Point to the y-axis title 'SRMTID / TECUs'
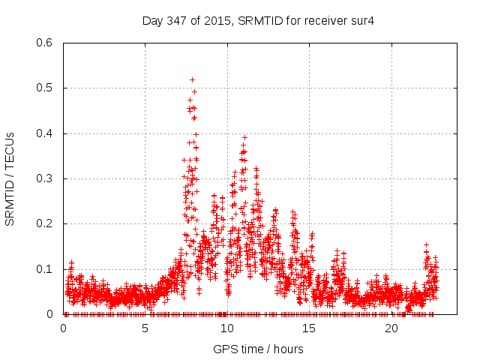pyautogui.click(x=10, y=178)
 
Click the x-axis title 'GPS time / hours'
pyautogui.click(x=258, y=349)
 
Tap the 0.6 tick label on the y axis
pyautogui.click(x=46, y=43)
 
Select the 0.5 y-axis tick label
pyautogui.click(x=46, y=88)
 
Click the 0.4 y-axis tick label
pyautogui.click(x=46, y=133)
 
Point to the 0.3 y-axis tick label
pyautogui.click(x=46, y=178)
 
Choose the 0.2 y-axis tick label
pyautogui.click(x=46, y=223)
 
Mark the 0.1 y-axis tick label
pyautogui.click(x=46, y=269)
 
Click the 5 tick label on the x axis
pyautogui.click(x=145, y=328)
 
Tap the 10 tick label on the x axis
pyautogui.click(x=227, y=328)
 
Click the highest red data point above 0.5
pyautogui.click(x=193, y=79)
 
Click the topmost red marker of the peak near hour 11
pyautogui.click(x=244, y=137)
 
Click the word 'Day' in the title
pyautogui.click(x=151, y=21)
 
